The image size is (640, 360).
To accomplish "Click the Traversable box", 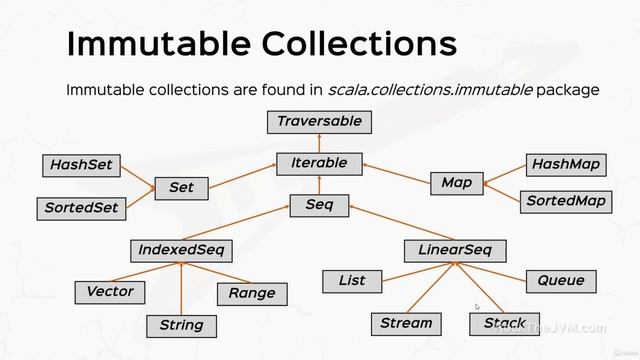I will coord(319,122).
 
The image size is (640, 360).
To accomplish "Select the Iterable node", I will coord(319,163).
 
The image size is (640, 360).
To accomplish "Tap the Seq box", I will coord(319,206).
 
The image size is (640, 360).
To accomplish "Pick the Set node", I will coord(181,187).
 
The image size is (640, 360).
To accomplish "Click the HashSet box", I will coord(81,164).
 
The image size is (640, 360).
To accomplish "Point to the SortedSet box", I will coord(81,208).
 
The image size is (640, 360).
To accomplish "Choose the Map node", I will coord(456,183).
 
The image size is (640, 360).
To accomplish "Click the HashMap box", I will coord(565,164).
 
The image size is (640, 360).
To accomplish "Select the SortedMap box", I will coord(565,201).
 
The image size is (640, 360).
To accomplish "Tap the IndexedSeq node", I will coord(181,249).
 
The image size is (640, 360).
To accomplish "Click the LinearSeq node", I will coord(455,249).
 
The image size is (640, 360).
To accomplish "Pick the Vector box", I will coord(110,292).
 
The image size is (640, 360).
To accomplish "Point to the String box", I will coord(181,325).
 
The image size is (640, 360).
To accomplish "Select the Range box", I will coord(252,293).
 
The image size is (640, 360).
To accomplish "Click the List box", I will coord(352,281).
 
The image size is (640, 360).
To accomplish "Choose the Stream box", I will coord(406,323).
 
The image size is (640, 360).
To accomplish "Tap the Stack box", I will coord(504,323).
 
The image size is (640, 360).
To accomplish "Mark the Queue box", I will coord(561,281).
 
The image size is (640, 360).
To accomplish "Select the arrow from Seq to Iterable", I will coord(319,185).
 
